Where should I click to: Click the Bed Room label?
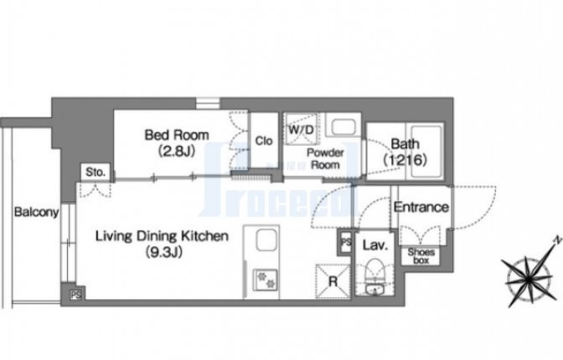177,136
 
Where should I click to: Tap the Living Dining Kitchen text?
162,236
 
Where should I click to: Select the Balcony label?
36,212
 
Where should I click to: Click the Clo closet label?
264,141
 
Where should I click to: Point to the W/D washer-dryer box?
301,129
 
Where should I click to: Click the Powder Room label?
325,158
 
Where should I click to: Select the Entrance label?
421,207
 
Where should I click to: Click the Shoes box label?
421,256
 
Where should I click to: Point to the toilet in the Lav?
374,276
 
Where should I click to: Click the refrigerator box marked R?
333,281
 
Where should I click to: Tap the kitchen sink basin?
266,241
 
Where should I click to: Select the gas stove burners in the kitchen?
266,280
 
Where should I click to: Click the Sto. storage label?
96,172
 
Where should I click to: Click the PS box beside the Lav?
345,242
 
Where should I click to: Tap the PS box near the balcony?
76,295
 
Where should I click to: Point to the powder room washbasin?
343,126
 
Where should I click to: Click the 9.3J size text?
163,252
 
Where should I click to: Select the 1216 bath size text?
405,159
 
